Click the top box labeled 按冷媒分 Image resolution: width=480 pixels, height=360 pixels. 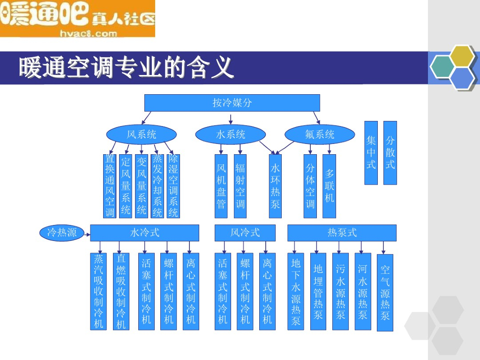232,103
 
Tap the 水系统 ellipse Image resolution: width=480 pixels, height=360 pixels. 231,135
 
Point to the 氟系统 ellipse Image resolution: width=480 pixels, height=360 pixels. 320,135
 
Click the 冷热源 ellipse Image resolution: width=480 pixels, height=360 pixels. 62,232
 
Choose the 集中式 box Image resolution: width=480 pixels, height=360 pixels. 371,153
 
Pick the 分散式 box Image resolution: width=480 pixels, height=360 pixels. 390,153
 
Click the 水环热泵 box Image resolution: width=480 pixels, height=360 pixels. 275,186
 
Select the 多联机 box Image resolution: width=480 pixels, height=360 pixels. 330,186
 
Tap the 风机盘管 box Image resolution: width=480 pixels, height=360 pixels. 221,186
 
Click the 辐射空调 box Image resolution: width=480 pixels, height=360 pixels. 240,186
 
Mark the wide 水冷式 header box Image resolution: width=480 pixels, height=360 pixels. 144,232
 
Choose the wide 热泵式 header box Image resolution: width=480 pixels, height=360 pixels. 342,232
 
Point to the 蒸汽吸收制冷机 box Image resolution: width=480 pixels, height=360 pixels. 98,292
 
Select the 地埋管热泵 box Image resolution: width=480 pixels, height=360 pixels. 318,292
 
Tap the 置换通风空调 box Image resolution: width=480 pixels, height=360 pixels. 110,186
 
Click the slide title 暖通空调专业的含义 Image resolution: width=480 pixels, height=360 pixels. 126,67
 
